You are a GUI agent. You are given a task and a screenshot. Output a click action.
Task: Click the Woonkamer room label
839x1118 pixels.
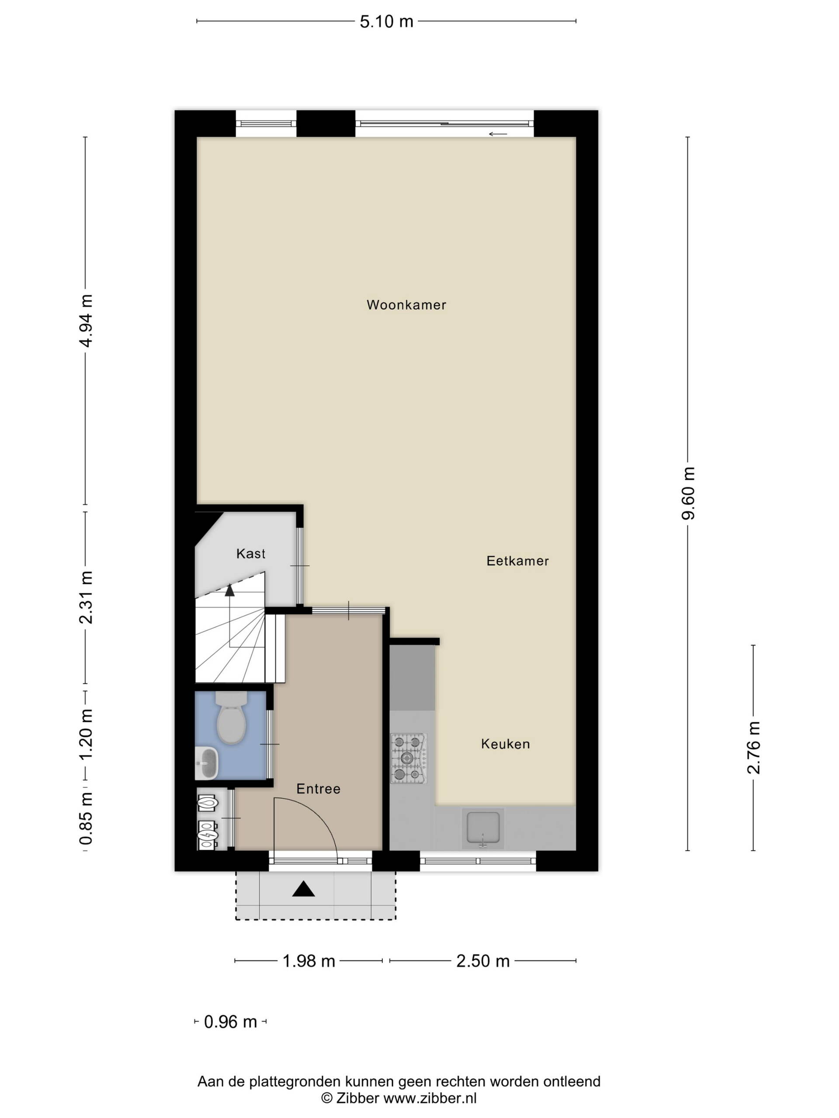pyautogui.click(x=406, y=305)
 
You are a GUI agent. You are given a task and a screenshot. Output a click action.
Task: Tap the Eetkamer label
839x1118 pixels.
pyautogui.click(x=517, y=560)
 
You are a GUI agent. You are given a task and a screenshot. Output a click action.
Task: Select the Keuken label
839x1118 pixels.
pyautogui.click(x=505, y=744)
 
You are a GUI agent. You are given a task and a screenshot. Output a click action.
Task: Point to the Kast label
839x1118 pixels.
pyautogui.click(x=251, y=553)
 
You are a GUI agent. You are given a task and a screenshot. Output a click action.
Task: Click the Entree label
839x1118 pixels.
pyautogui.click(x=318, y=788)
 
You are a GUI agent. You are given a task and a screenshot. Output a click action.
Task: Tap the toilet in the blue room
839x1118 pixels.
pyautogui.click(x=231, y=717)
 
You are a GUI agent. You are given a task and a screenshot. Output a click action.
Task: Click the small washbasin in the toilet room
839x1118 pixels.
pyautogui.click(x=207, y=763)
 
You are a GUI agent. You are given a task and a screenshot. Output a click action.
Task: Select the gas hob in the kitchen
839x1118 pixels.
pyautogui.click(x=409, y=758)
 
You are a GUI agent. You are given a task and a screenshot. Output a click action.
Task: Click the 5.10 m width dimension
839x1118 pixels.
pyautogui.click(x=386, y=21)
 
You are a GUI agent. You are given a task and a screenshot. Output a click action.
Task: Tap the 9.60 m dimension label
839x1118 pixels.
pyautogui.click(x=688, y=493)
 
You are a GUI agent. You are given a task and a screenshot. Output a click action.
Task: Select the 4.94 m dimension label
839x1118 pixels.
pyautogui.click(x=86, y=321)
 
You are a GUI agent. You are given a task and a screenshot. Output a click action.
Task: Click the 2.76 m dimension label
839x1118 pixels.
pyautogui.click(x=753, y=748)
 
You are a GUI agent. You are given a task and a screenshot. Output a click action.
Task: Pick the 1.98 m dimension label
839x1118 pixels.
pyautogui.click(x=309, y=961)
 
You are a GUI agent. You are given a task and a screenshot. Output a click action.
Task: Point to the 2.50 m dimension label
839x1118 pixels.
pyautogui.click(x=483, y=961)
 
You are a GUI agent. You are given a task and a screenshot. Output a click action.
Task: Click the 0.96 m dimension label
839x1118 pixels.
pyautogui.click(x=231, y=1022)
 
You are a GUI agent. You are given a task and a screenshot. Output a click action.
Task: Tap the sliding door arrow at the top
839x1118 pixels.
pyautogui.click(x=498, y=134)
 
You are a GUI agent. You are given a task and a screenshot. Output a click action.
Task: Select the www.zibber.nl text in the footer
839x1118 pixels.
pyautogui.click(x=430, y=1098)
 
